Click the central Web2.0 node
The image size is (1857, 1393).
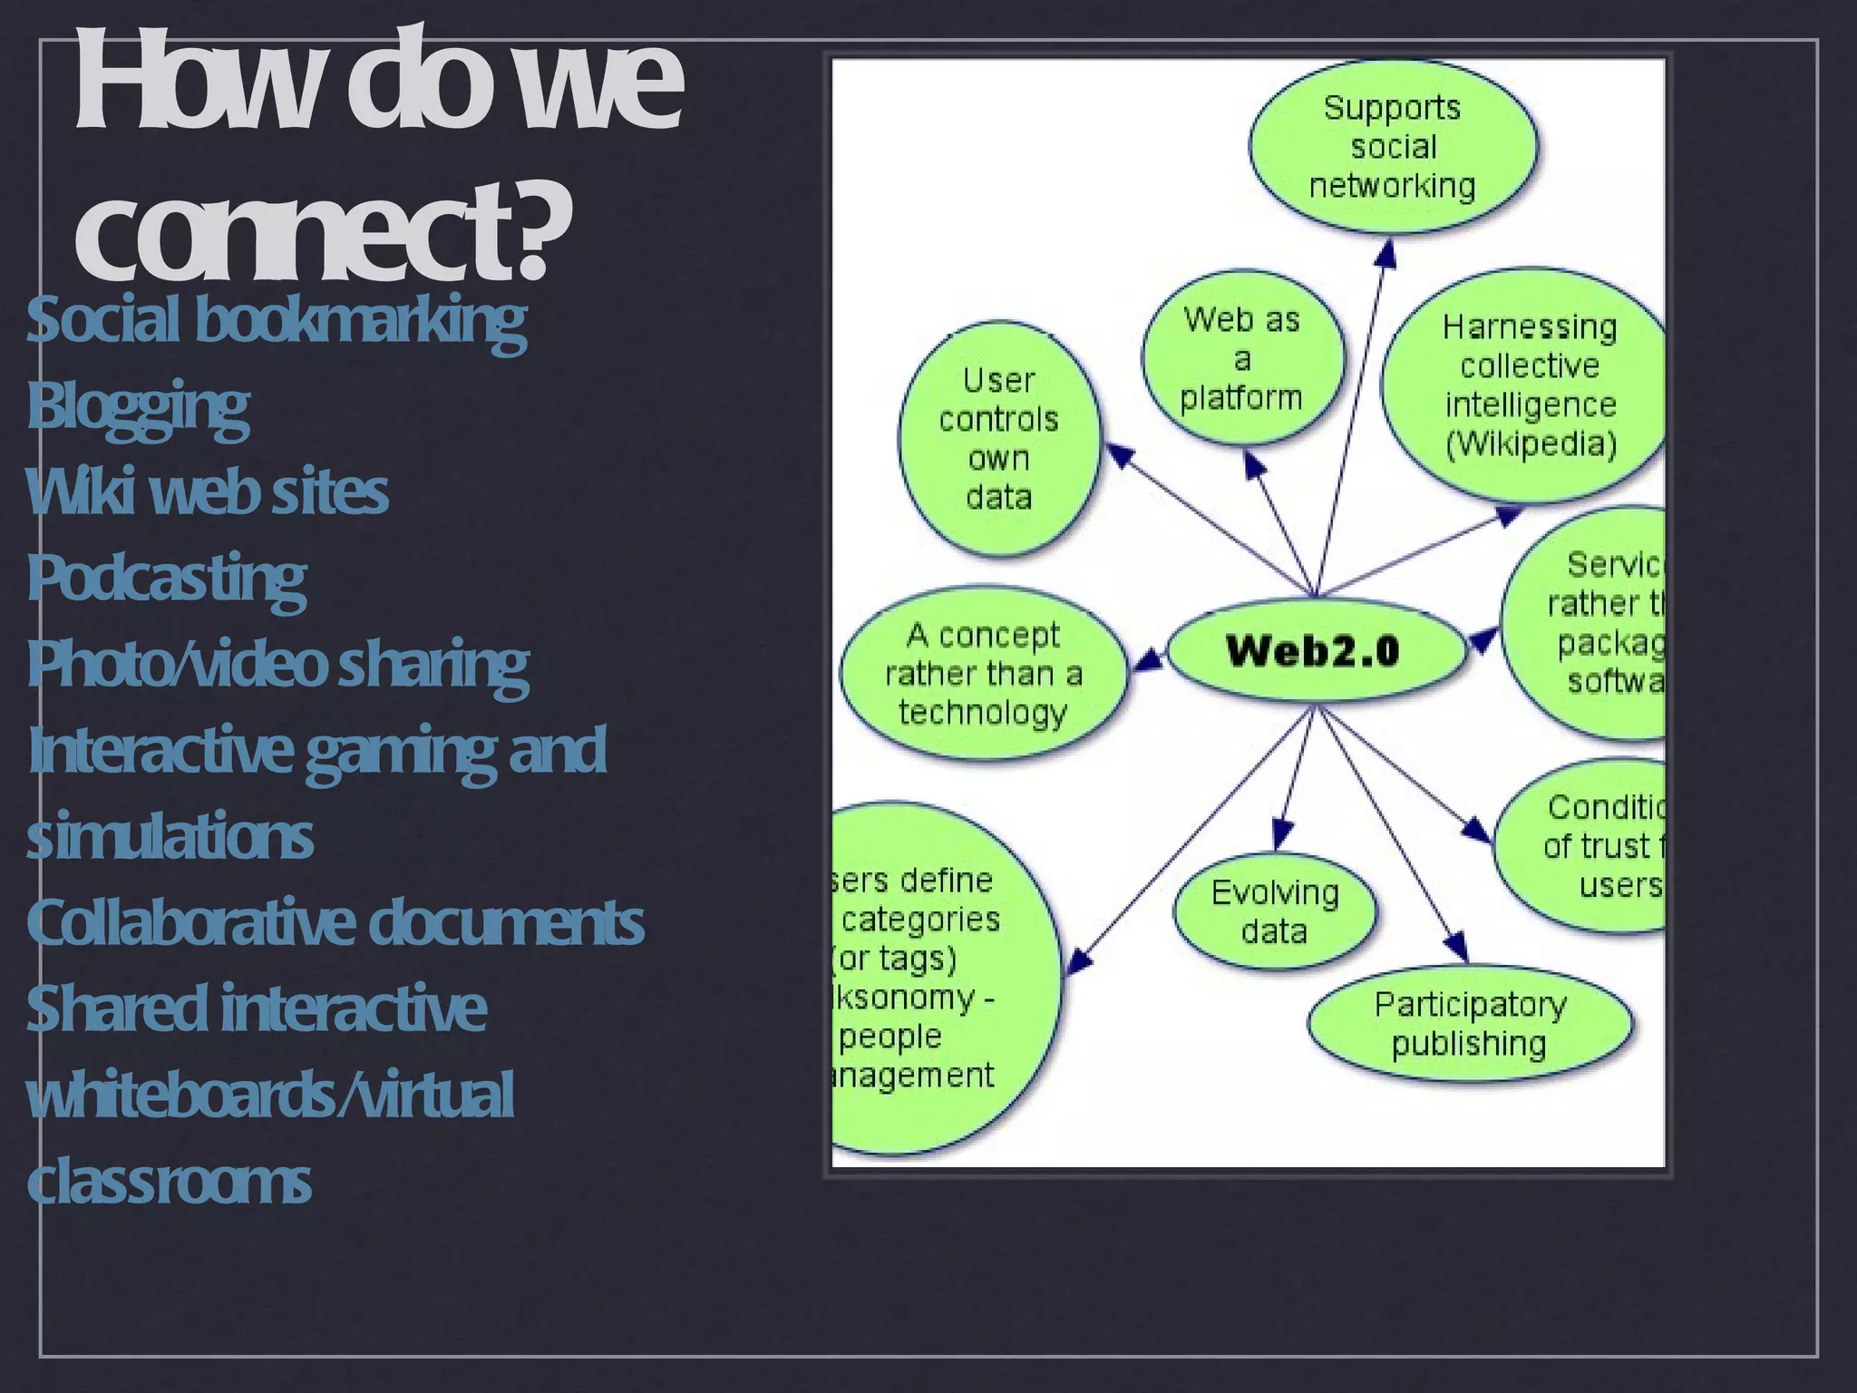pos(1314,650)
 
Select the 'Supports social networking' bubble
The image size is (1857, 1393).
pos(1393,147)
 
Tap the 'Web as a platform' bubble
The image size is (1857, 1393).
pos(1241,358)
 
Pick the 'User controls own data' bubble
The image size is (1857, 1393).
pos(998,439)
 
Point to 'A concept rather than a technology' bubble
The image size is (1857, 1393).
pos(984,674)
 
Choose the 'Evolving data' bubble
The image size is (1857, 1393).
pos(1275,912)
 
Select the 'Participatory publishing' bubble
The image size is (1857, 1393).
pos(1470,1024)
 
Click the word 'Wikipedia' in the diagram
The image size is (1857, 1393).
pos(1531,444)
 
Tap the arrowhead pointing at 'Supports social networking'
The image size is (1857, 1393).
pos(1385,255)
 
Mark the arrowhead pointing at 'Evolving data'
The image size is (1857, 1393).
pos(1281,833)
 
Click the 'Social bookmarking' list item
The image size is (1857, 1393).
pos(277,320)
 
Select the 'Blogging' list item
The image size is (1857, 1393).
pos(138,406)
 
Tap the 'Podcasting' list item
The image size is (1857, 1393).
pos(167,578)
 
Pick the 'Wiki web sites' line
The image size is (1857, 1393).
pos(208,492)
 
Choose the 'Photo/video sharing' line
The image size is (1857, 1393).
pos(277,664)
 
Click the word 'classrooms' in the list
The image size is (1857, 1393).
pos(170,1181)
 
